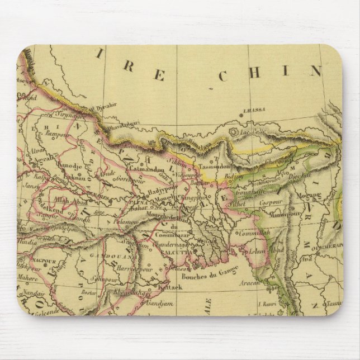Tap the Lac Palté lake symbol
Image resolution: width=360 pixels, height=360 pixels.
233,132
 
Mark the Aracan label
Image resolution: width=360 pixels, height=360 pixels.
252,283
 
